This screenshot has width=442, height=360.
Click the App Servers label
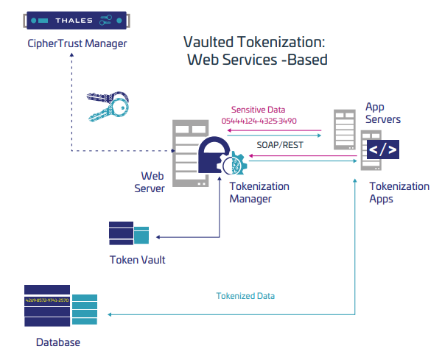coord(383,113)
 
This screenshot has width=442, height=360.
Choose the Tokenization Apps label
coord(399,192)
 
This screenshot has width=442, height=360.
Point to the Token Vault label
coord(138,259)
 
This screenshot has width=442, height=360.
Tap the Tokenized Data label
coord(245,296)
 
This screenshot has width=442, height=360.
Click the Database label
coord(58,342)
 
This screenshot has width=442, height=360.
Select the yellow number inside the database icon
coord(47,300)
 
